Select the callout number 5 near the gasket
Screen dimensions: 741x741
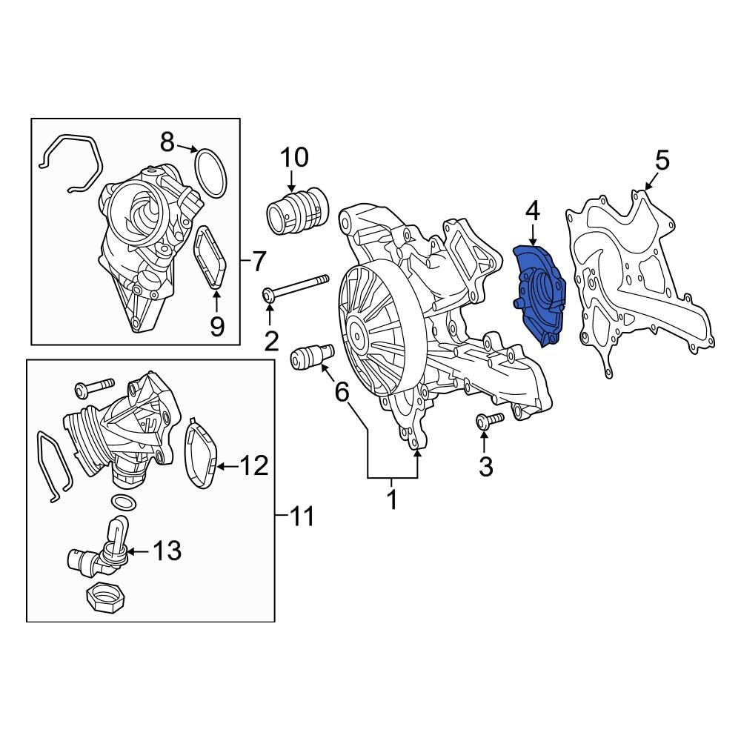coord(661,159)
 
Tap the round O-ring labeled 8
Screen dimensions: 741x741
coord(210,173)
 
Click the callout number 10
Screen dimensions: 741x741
coord(293,158)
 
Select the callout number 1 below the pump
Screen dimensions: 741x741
coord(392,499)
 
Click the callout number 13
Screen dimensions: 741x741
coord(167,551)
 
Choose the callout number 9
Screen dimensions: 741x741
coord(216,326)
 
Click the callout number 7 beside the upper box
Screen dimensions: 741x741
coord(257,261)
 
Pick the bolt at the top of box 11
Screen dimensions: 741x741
coord(93,387)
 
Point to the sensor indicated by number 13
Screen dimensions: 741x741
coord(100,557)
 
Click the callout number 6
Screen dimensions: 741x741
coord(342,392)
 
